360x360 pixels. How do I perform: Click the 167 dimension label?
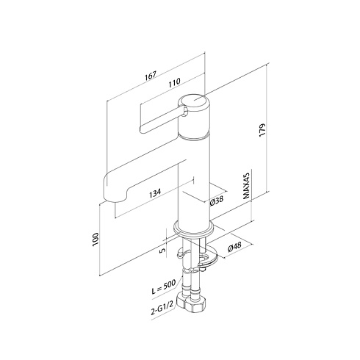(x=151, y=76)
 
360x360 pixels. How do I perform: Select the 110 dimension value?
(x=174, y=82)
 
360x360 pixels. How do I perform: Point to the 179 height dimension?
(x=262, y=130)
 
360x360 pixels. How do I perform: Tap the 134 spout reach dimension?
(x=155, y=192)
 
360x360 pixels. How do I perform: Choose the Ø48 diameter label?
(x=234, y=248)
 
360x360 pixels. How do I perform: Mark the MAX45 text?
(x=246, y=186)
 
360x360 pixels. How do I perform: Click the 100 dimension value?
(x=96, y=239)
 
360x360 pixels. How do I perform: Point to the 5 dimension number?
(x=163, y=251)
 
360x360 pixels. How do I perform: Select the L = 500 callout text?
(x=164, y=287)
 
